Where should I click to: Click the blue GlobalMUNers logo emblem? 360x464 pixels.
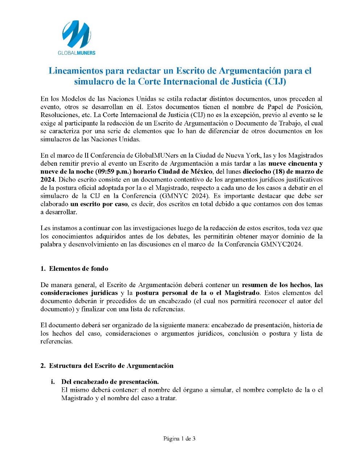(76, 34)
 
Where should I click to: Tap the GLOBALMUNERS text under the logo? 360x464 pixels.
(76, 53)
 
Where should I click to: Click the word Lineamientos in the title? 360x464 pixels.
(75, 71)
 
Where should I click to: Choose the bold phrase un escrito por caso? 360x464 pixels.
(99, 204)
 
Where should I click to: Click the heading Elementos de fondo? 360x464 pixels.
(79, 269)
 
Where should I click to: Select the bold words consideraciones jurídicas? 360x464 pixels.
(79, 293)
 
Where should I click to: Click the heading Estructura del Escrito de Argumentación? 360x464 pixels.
(111, 365)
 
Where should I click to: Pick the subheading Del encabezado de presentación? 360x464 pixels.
(110, 382)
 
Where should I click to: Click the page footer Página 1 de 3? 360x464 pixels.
(180, 439)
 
